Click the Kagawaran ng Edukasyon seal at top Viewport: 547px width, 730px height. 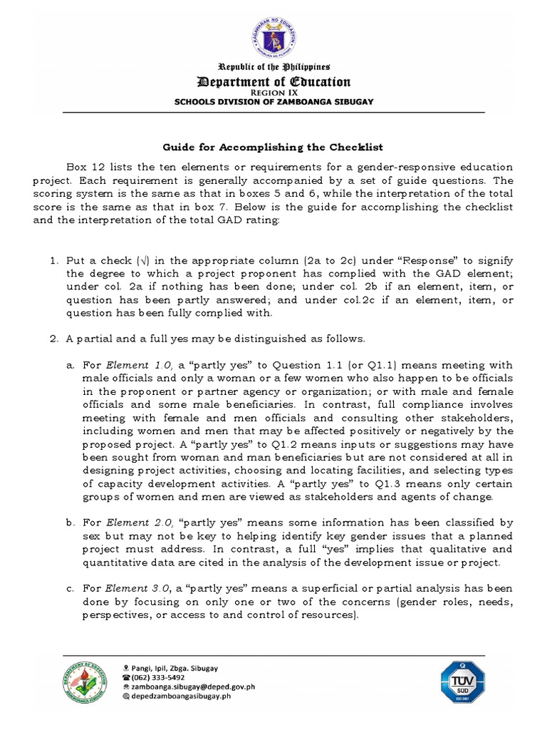[273, 36]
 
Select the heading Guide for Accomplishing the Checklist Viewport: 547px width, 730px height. [273, 148]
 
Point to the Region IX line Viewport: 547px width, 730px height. [273, 93]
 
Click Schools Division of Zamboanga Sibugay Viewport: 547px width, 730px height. [273, 101]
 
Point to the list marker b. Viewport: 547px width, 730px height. [70, 523]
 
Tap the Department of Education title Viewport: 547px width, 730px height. [273, 81]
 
